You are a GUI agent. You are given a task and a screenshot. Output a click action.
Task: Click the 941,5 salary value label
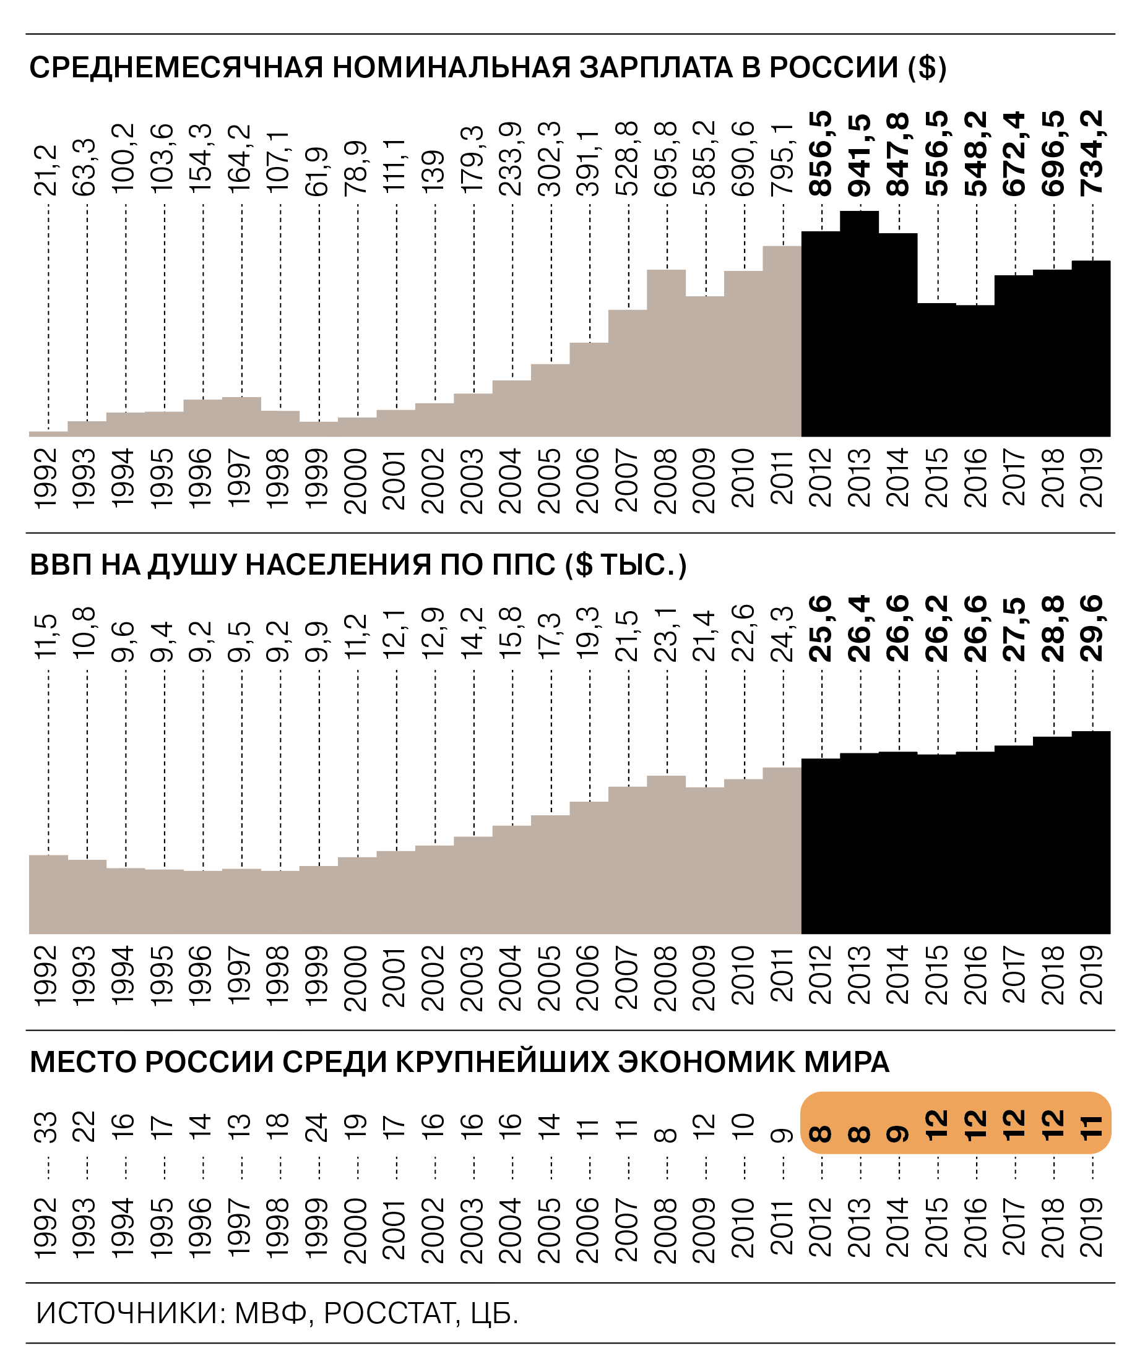click(860, 155)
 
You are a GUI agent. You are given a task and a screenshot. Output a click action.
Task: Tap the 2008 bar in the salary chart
click(667, 353)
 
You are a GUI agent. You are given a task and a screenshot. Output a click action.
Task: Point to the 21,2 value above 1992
click(47, 171)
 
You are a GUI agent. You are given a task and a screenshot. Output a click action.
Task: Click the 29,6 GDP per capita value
click(1091, 628)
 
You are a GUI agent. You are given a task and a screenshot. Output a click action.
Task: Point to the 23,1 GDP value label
click(667, 634)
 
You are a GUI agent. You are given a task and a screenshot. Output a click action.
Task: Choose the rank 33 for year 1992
click(47, 1127)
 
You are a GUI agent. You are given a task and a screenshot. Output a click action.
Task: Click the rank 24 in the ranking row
click(318, 1127)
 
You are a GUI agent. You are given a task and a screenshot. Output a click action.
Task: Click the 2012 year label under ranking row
click(821, 1228)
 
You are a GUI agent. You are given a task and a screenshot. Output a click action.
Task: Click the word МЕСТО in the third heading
click(83, 1063)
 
